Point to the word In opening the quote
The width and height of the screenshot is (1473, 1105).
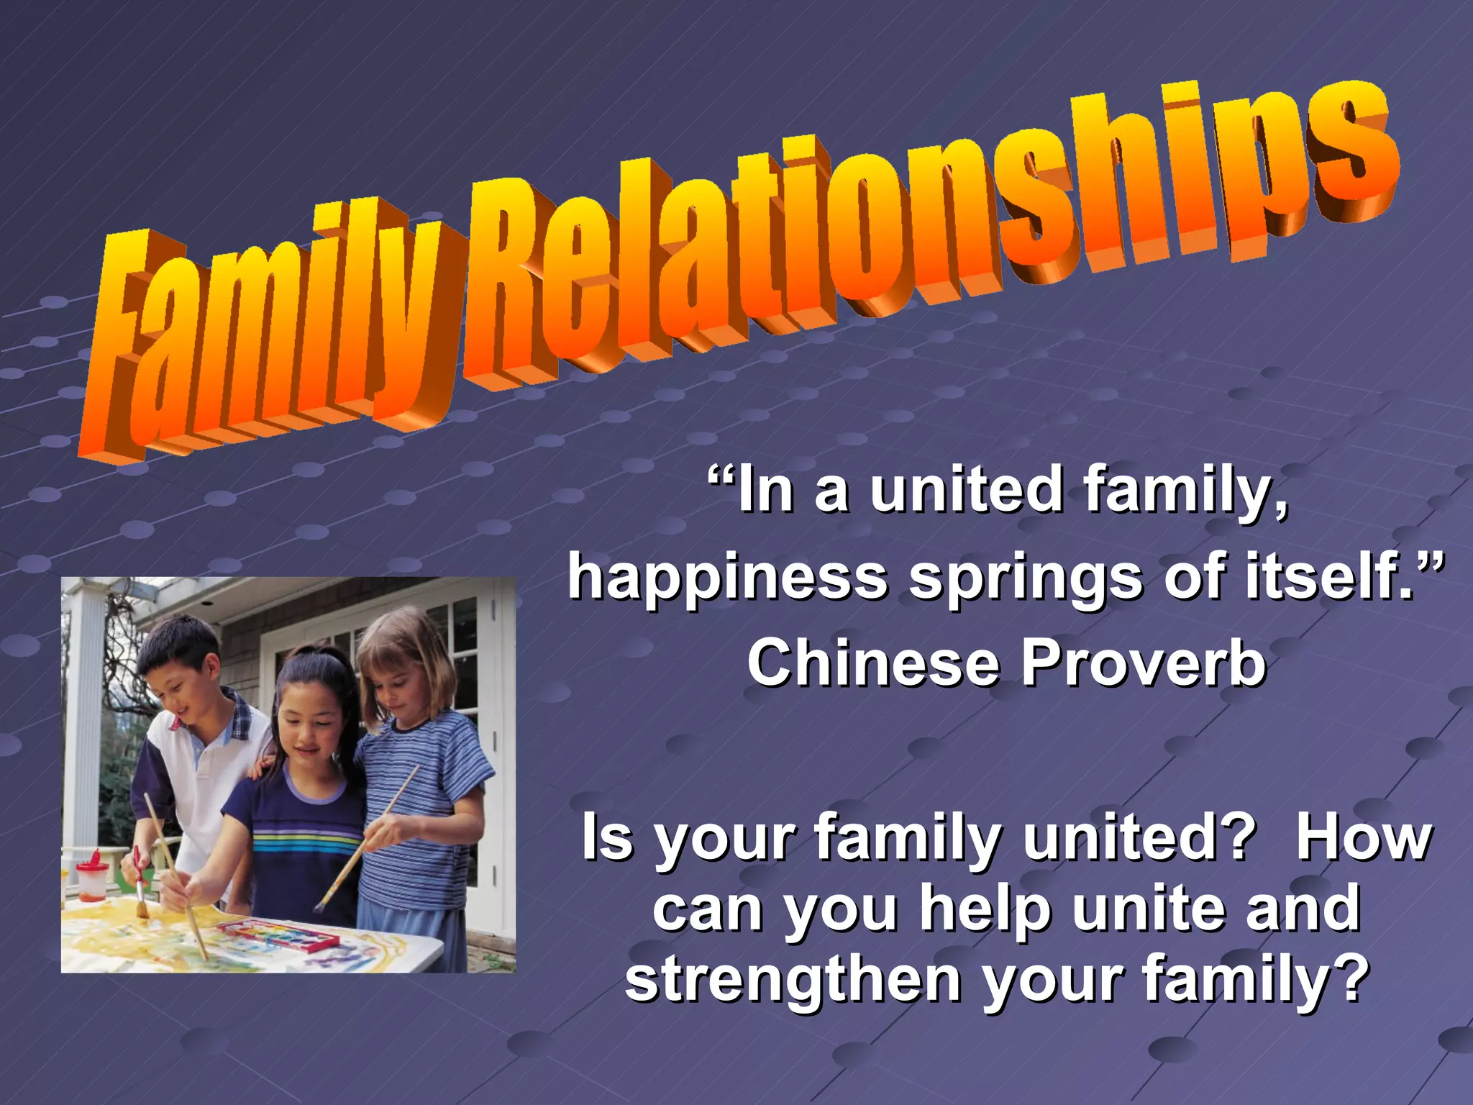point(766,489)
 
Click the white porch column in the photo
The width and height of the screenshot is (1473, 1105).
point(83,719)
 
